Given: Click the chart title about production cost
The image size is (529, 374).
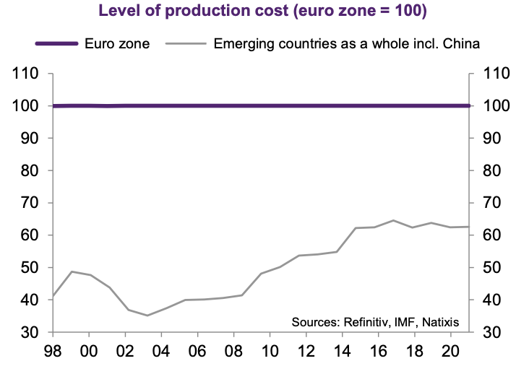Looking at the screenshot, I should point(265,12).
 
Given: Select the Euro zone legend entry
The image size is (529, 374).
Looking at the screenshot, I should point(116,43).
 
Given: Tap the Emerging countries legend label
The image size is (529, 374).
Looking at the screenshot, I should point(347,43).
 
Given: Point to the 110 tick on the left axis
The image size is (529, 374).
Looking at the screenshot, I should point(26,74).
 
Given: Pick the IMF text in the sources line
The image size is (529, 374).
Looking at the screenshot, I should point(403,321).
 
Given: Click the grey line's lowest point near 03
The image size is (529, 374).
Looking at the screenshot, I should point(147,316).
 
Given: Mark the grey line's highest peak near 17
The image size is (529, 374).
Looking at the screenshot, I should point(413,220).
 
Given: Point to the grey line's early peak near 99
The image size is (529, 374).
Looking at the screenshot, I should point(72,271).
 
